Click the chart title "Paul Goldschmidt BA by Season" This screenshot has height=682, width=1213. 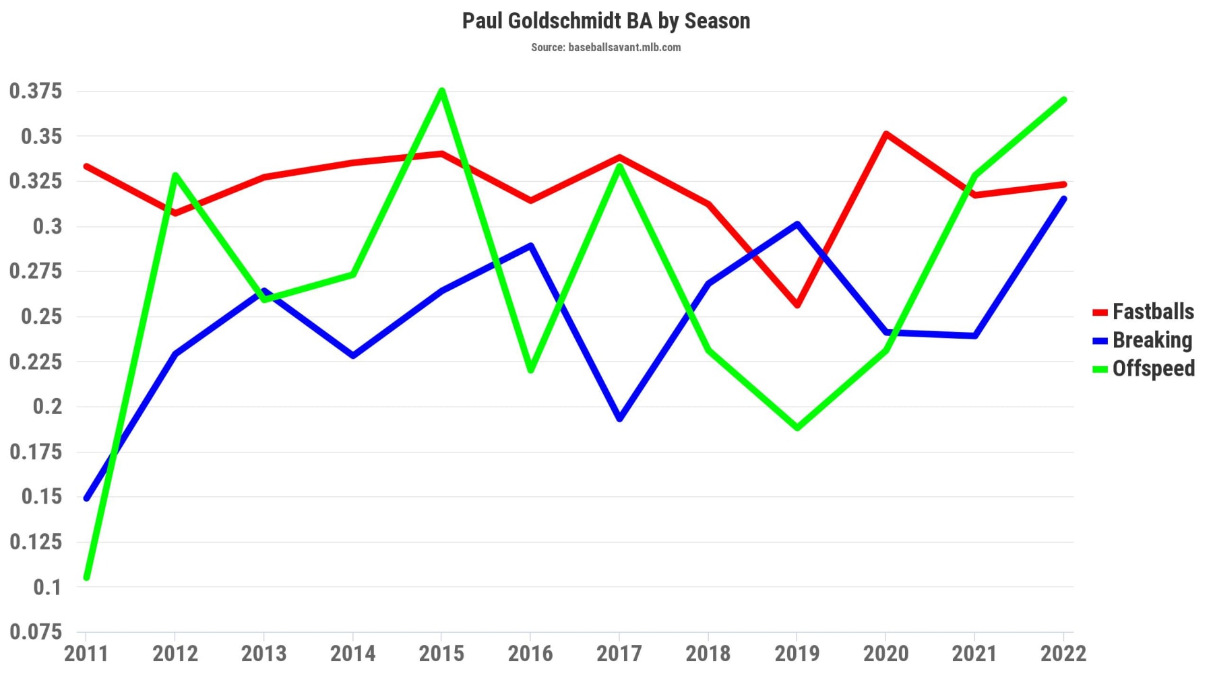606,21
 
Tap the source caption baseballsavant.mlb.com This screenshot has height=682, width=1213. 606,47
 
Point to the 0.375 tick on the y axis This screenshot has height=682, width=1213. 36,91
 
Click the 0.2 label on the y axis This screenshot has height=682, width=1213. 47,406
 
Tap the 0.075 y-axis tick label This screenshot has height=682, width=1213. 36,632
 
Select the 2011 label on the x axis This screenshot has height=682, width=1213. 86,653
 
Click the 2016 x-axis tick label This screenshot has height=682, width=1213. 530,653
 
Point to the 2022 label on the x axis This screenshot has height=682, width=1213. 1063,653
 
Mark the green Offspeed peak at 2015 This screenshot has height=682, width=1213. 441,91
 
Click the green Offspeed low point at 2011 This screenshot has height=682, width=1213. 87,577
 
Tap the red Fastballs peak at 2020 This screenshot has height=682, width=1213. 886,134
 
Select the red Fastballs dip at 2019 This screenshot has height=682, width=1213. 797,305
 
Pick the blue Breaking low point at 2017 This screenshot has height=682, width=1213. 619,419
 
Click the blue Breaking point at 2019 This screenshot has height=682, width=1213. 797,224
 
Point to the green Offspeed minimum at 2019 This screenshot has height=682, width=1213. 797,428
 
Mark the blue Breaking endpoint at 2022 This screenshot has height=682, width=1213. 1063,199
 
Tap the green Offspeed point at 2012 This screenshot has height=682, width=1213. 175,176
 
